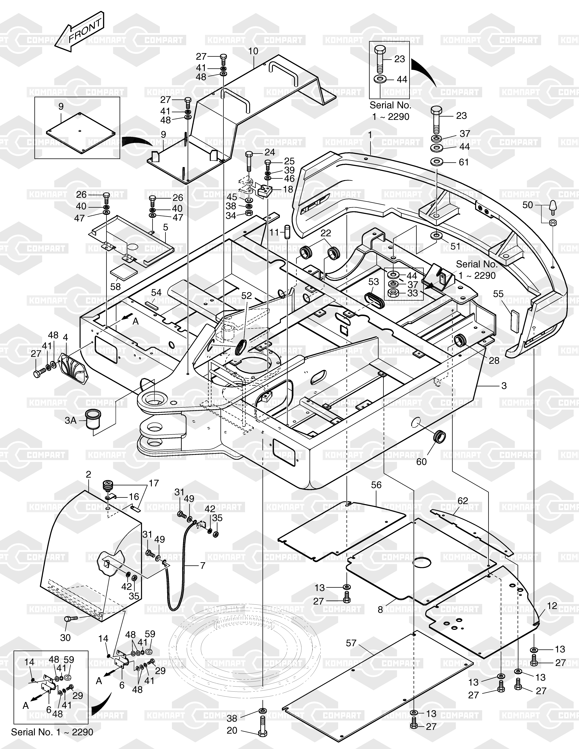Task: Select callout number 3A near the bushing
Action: pos(71,420)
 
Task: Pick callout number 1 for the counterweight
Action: pos(370,135)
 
